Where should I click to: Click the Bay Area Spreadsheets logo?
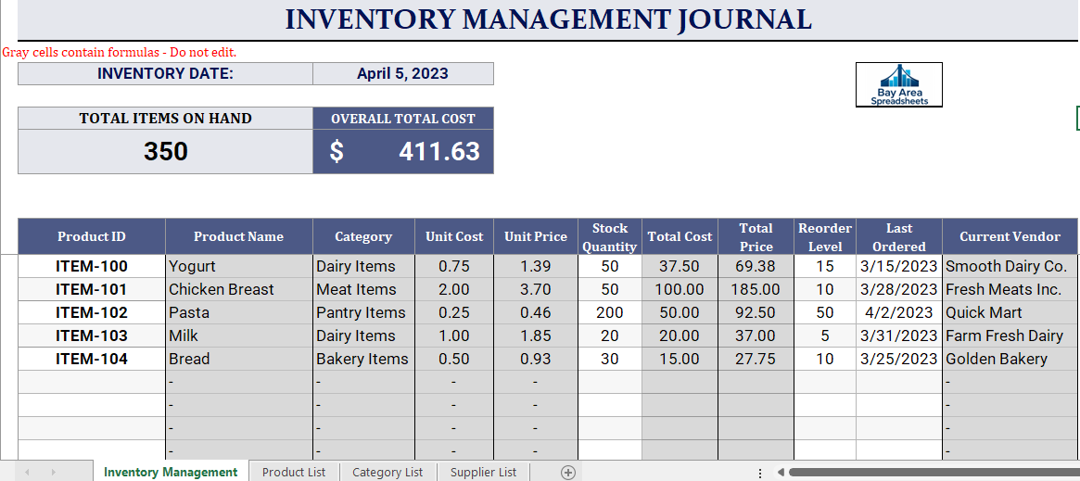pos(899,84)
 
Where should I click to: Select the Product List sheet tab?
pos(294,472)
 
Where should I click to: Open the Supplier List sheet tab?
pos(483,472)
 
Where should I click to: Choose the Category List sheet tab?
pos(388,472)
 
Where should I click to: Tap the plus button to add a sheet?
pos(567,472)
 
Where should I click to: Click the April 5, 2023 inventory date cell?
pos(403,73)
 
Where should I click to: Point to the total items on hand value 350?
pos(165,151)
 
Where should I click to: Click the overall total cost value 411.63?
pos(403,151)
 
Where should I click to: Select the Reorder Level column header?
pos(825,236)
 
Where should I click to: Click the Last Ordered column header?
pos(899,236)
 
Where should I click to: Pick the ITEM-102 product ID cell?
pos(92,312)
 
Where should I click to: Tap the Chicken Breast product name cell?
pos(239,290)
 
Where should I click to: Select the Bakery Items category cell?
pos(363,360)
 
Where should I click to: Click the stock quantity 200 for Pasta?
pos(610,312)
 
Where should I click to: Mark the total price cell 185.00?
pos(756,290)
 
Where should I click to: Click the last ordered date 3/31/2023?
pos(899,335)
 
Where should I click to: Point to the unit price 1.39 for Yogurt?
pos(535,266)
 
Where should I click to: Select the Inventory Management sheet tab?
pos(171,472)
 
